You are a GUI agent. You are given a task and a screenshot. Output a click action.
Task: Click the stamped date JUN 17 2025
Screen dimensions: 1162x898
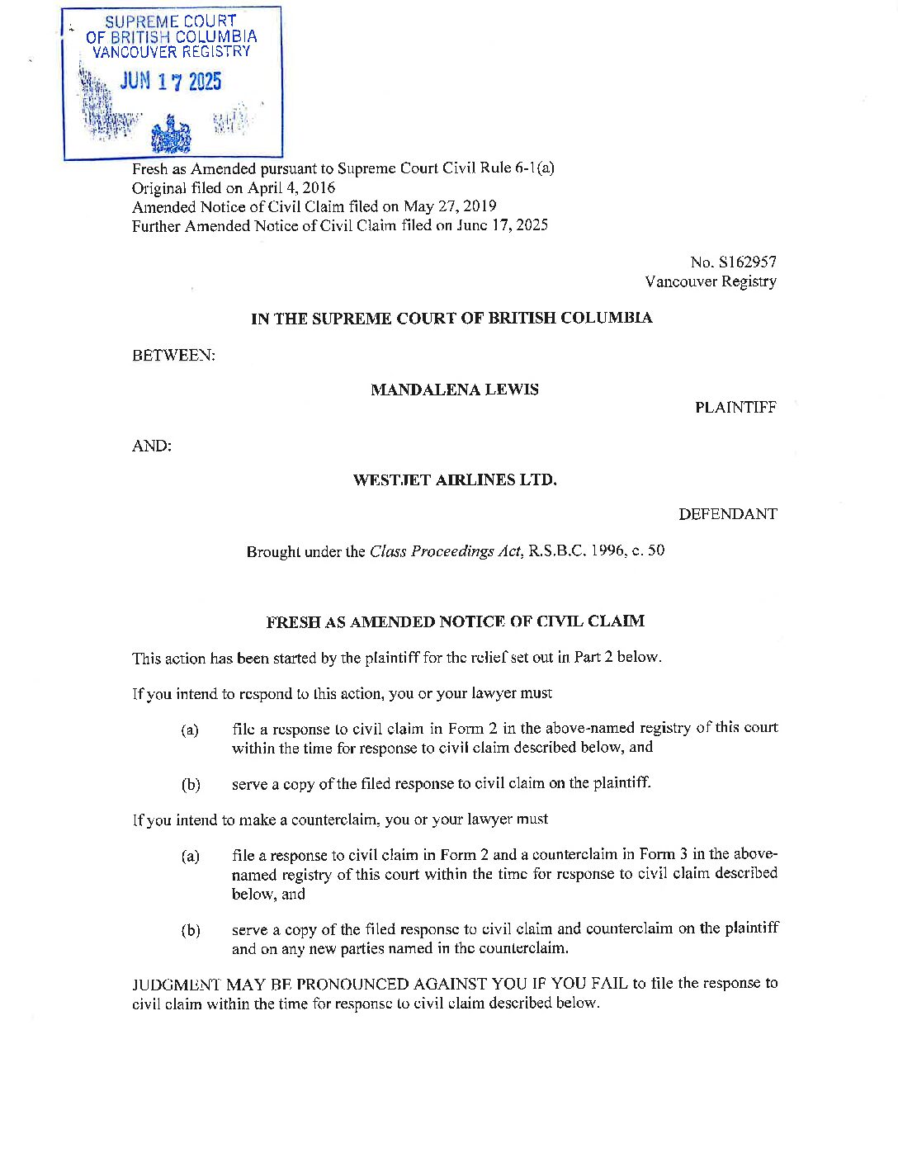pos(171,82)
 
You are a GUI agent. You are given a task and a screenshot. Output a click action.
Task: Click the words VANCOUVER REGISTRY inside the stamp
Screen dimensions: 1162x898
pos(172,52)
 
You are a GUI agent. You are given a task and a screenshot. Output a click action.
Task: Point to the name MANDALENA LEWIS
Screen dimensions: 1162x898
pos(455,390)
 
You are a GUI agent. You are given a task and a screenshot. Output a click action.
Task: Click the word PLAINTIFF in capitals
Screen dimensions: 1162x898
pos(735,408)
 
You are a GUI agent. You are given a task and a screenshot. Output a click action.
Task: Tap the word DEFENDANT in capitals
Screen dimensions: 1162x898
pos(727,514)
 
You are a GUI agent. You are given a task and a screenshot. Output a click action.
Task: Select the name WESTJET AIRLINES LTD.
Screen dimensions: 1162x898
pos(455,479)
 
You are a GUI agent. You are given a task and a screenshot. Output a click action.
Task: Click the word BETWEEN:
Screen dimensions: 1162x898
pos(173,355)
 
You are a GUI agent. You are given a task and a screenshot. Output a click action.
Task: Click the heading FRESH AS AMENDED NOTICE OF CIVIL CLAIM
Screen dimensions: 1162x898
pos(455,621)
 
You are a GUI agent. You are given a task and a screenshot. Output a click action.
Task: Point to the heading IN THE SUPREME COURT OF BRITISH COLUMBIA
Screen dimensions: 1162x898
pos(451,318)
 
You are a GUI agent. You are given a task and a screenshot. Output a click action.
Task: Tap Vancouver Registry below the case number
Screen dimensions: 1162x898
pos(711,281)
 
